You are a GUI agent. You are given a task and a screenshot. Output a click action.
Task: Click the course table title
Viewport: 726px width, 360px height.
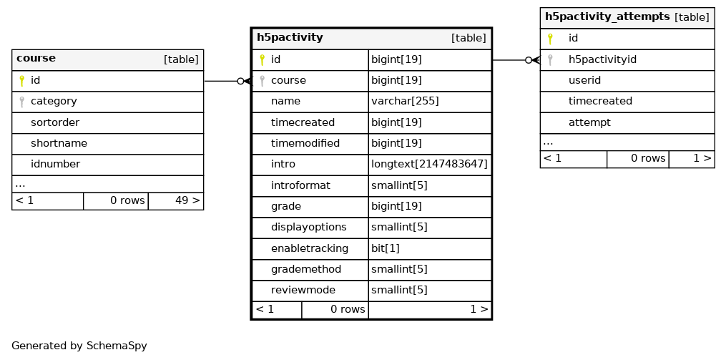pos(36,59)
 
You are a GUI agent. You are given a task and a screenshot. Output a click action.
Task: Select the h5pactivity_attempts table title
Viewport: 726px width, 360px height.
pos(607,16)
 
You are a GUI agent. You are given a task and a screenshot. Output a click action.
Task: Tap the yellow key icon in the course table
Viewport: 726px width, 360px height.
pos(21,81)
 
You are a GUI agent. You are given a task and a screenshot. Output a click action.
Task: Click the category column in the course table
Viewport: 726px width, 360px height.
pos(54,102)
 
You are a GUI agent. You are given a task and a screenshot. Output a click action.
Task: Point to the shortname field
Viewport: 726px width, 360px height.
pos(59,143)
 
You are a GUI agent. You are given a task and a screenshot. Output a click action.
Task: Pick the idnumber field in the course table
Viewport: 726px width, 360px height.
pos(55,164)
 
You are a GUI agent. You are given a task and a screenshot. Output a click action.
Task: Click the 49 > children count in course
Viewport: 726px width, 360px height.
pos(187,200)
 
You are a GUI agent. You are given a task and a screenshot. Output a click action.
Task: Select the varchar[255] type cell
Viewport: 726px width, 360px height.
pos(405,101)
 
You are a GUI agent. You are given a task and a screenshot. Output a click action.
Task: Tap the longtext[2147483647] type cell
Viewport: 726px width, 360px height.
pos(429,164)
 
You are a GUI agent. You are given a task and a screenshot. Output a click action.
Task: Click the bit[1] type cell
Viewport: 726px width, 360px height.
pos(386,248)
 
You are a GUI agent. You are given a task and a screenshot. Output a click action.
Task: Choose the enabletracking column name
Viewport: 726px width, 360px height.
pos(310,248)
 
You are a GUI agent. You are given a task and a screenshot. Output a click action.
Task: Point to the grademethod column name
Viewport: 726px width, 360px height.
pos(306,269)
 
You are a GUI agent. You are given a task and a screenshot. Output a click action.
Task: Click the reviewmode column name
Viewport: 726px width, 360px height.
pos(303,290)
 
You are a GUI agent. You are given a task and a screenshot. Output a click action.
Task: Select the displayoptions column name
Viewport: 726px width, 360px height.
pos(309,227)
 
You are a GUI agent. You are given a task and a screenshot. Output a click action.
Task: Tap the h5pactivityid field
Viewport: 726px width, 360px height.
pos(602,59)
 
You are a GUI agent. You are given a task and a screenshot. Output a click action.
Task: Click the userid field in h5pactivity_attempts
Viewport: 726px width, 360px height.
pos(585,80)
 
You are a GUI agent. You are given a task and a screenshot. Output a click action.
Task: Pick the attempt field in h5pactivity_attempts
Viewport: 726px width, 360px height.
pos(589,122)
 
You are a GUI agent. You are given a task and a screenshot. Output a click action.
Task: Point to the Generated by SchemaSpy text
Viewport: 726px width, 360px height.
pos(79,346)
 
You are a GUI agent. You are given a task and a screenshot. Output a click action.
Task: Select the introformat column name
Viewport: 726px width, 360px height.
pos(300,185)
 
